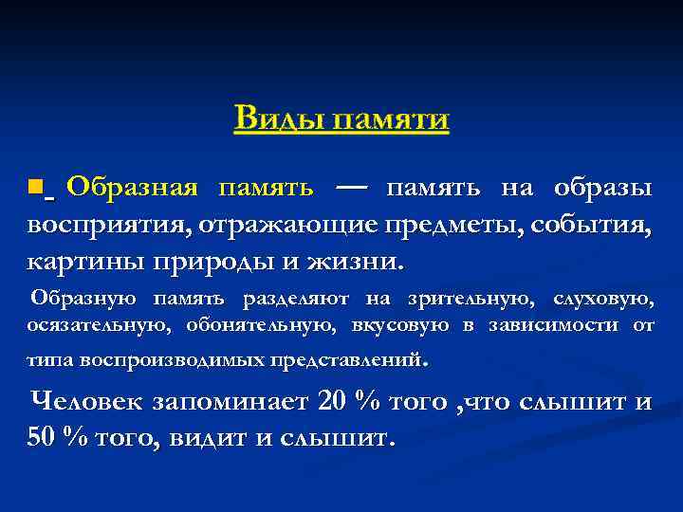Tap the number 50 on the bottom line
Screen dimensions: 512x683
point(42,439)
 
